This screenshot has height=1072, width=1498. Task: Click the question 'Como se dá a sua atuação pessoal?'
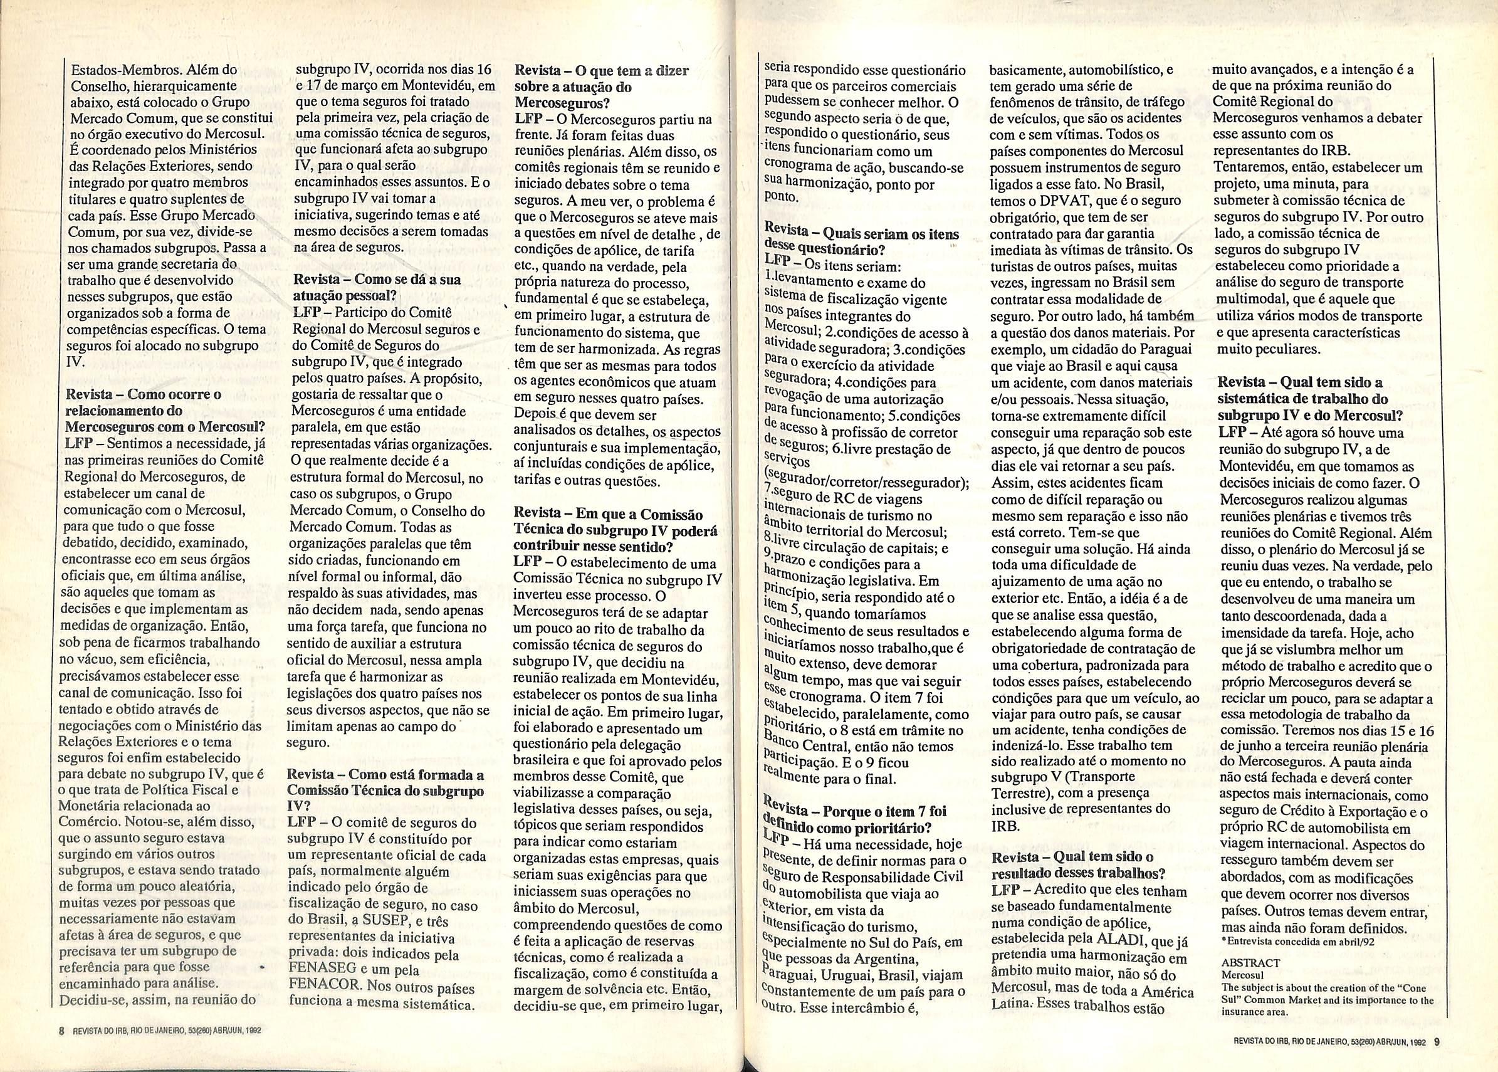376,287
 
